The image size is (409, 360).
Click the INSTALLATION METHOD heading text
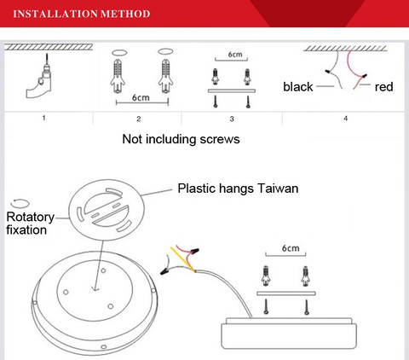coord(82,14)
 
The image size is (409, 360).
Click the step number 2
coord(138,119)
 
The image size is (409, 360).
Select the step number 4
coord(345,119)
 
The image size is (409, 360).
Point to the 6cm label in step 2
coord(141,97)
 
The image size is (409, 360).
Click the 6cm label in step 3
coord(235,54)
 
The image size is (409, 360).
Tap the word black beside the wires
coord(298,87)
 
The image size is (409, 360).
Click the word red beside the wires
coord(383,87)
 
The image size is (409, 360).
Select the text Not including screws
coord(181,139)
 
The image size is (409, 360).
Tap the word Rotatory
coord(30,218)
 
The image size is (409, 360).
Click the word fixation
coord(26,229)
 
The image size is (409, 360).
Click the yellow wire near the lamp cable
coord(182,259)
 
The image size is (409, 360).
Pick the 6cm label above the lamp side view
coord(291,248)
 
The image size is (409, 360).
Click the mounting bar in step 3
coord(232,90)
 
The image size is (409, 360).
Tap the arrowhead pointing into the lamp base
coord(95,289)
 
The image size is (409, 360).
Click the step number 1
coord(43,118)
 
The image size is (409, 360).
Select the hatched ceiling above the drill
coord(49,47)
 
